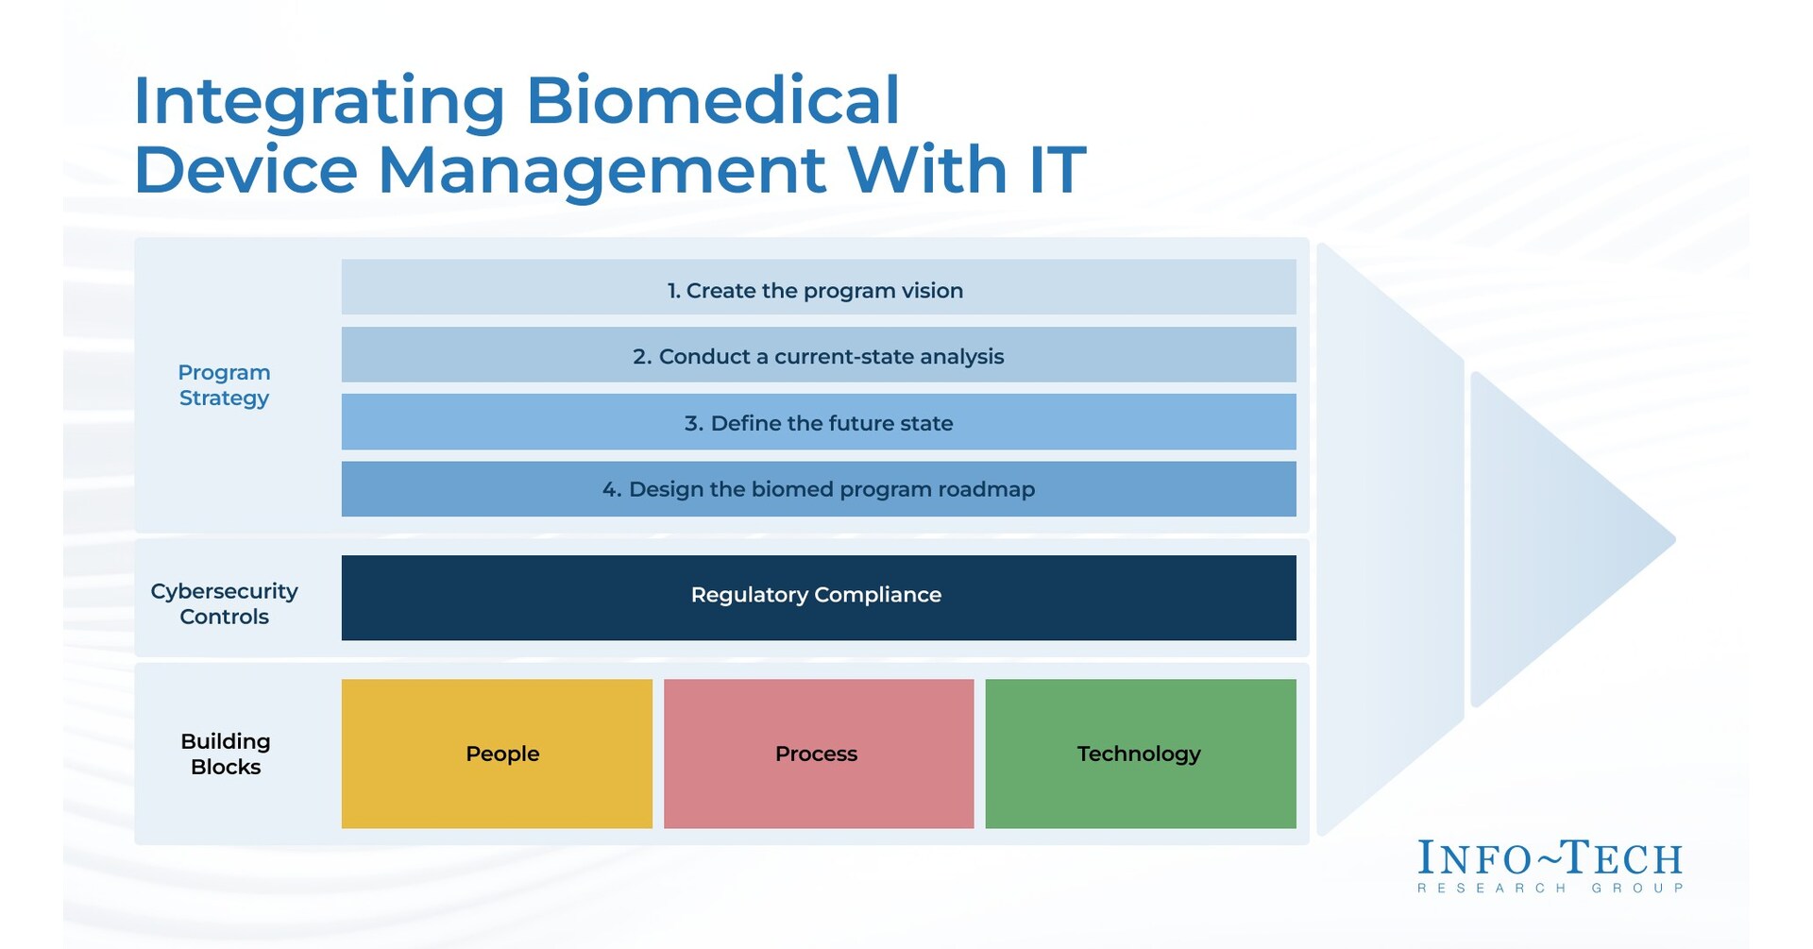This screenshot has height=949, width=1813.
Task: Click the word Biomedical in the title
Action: click(x=712, y=101)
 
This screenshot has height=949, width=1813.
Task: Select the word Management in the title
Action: click(x=601, y=171)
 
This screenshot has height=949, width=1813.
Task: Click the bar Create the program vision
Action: click(x=818, y=288)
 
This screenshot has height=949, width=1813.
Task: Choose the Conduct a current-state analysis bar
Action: click(x=818, y=356)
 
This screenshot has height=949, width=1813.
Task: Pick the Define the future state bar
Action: click(x=818, y=423)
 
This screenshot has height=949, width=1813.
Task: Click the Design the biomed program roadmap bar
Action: click(x=818, y=489)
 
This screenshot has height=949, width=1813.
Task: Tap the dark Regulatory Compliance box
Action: click(x=818, y=597)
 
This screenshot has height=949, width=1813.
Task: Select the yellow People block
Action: click(x=498, y=754)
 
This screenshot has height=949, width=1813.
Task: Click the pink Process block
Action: click(x=818, y=754)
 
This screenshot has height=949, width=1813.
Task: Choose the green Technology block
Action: click(x=1140, y=754)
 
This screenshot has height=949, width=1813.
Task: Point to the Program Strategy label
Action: click(x=224, y=385)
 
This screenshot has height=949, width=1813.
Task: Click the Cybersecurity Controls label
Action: click(x=224, y=603)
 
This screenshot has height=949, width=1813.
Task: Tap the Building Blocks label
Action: click(x=225, y=754)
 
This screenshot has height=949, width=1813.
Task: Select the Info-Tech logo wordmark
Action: click(x=1550, y=858)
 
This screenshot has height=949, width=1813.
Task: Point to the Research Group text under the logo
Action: click(x=1550, y=889)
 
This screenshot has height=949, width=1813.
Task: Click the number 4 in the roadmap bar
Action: click(x=611, y=490)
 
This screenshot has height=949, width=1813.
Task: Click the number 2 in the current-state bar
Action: click(x=641, y=357)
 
